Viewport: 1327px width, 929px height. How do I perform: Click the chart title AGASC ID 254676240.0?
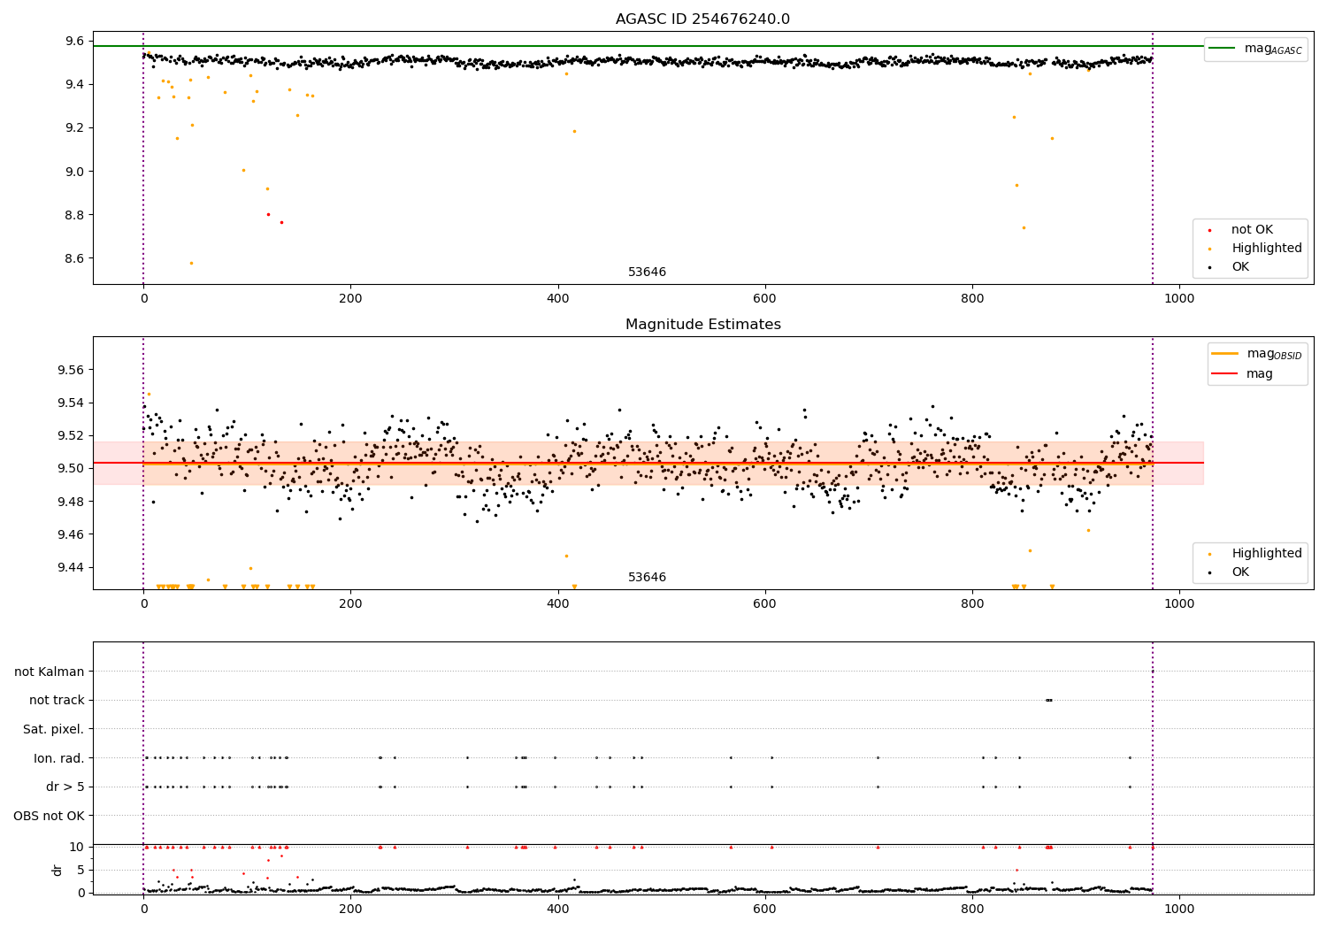(x=702, y=19)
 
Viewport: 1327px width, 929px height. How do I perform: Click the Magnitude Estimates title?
(x=702, y=325)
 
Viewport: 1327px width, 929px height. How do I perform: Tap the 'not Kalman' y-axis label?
(x=50, y=672)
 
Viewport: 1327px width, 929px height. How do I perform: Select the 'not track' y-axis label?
(x=57, y=700)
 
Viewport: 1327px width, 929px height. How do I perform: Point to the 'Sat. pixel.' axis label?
(x=54, y=729)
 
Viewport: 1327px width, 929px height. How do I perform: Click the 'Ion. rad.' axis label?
(x=59, y=758)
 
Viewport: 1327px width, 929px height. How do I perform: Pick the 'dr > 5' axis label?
(x=65, y=787)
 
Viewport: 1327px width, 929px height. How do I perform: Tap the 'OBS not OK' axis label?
(x=50, y=816)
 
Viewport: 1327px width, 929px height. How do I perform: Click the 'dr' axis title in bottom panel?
(x=58, y=870)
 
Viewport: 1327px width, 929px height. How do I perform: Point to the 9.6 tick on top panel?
(x=74, y=41)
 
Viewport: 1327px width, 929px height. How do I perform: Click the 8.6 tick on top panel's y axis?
(x=74, y=258)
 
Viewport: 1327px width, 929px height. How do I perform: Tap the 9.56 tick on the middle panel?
(x=71, y=370)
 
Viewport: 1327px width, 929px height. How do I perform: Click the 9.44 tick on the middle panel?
(x=71, y=567)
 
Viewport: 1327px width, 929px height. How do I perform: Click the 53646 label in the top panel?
(x=647, y=273)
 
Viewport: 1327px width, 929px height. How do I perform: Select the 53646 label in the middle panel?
(x=647, y=578)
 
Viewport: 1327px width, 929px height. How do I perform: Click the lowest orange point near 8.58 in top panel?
(x=191, y=263)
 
